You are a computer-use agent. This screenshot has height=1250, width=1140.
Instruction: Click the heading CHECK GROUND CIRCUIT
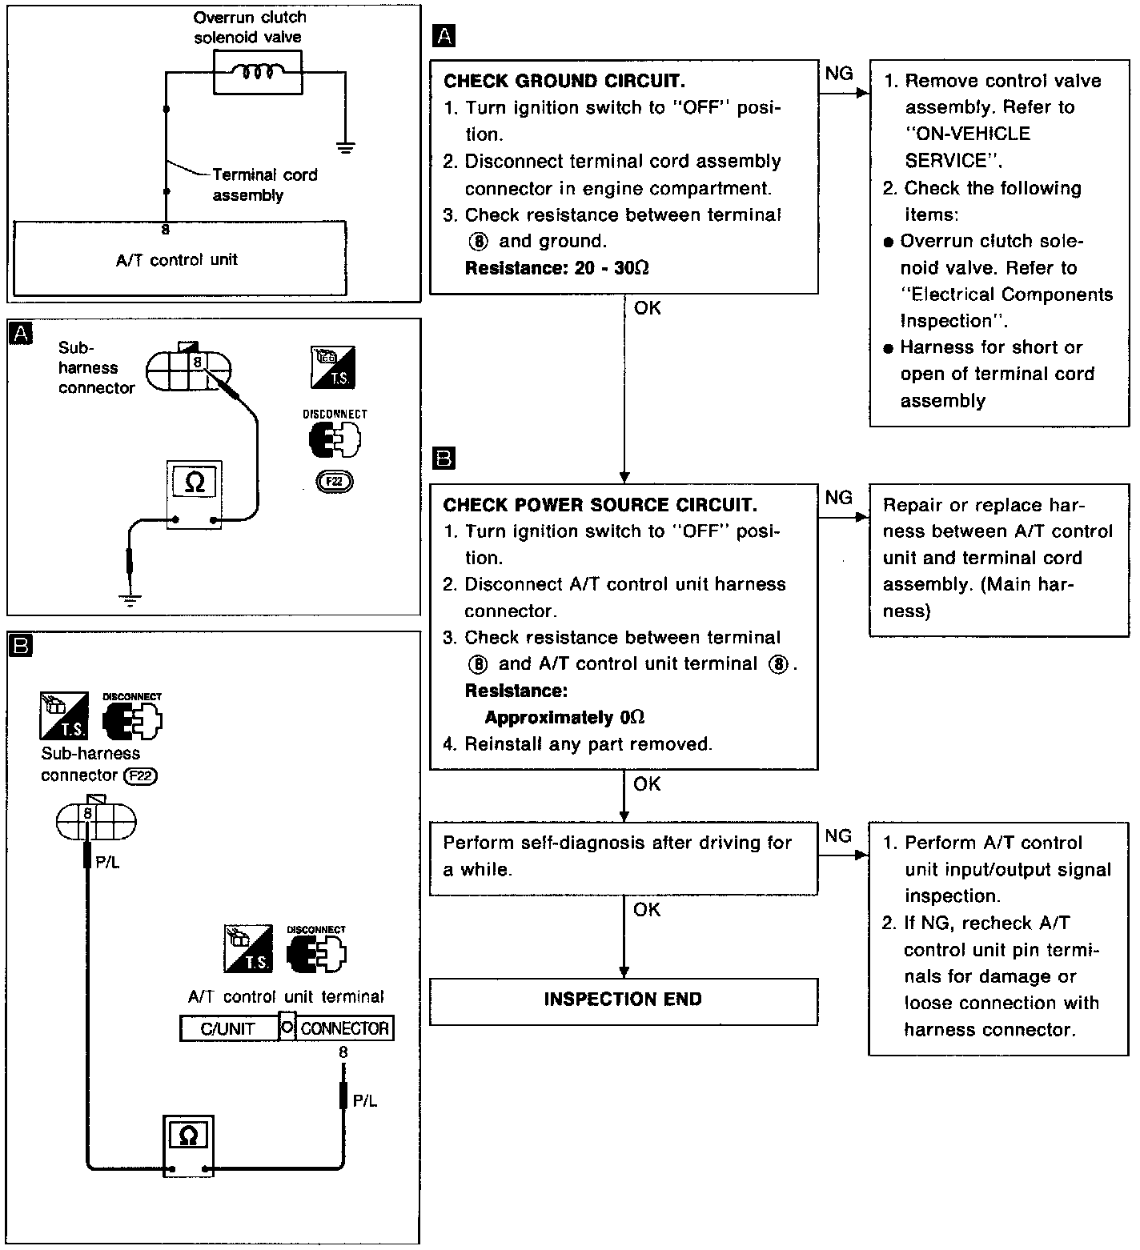pyautogui.click(x=564, y=81)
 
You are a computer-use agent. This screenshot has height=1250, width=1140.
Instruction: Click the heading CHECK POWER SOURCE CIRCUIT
pyautogui.click(x=600, y=505)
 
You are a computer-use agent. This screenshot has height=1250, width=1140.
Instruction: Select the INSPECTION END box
pyautogui.click(x=623, y=1000)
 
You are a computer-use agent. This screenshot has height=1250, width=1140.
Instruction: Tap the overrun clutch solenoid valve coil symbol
pyautogui.click(x=258, y=73)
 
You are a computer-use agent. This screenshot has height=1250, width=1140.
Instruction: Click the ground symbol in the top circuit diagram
pyautogui.click(x=346, y=147)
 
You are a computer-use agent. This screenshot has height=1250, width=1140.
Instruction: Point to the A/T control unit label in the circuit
pyautogui.click(x=177, y=260)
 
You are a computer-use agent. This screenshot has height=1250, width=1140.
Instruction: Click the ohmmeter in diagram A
pyautogui.click(x=195, y=494)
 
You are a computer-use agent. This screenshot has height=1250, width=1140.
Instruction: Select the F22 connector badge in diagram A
pyautogui.click(x=334, y=482)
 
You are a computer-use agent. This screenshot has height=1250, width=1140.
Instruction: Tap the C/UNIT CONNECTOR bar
pyautogui.click(x=287, y=1028)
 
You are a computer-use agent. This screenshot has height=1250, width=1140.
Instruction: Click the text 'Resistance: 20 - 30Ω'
pyautogui.click(x=556, y=268)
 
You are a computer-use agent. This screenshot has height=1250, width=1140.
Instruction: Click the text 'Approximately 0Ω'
pyautogui.click(x=564, y=718)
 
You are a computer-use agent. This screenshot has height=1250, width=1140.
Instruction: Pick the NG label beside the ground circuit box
pyautogui.click(x=839, y=74)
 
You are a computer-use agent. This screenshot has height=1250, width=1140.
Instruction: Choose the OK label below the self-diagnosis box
pyautogui.click(x=647, y=910)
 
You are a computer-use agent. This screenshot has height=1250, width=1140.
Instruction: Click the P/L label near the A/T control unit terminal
pyautogui.click(x=364, y=1101)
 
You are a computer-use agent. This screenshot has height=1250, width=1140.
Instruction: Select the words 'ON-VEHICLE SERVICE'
pyautogui.click(x=967, y=147)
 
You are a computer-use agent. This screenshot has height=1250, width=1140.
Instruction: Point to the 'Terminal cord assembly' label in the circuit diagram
pyautogui.click(x=264, y=185)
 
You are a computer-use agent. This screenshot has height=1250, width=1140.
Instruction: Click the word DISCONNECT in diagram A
pyautogui.click(x=335, y=414)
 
